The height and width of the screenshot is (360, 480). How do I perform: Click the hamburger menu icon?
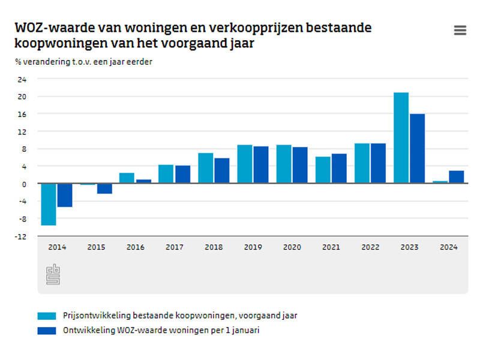tap(460, 31)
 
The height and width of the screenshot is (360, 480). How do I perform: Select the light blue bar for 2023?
tap(401, 138)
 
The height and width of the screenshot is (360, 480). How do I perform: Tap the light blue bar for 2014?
tap(49, 204)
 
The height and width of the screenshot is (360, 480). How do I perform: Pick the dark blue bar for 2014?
tap(65, 195)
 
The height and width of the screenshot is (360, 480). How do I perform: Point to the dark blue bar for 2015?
tap(104, 188)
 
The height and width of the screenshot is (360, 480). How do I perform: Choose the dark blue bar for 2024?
tap(456, 177)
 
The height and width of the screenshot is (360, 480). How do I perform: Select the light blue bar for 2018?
tap(206, 168)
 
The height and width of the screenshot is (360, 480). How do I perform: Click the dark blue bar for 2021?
tap(339, 169)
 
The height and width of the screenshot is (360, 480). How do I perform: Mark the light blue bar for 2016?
tap(127, 178)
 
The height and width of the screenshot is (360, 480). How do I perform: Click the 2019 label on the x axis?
tap(253, 247)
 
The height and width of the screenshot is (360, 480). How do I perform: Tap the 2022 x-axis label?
tap(370, 247)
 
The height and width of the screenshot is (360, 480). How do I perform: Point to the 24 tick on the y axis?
tap(22, 79)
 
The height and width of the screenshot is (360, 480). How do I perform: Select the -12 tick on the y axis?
tap(21, 236)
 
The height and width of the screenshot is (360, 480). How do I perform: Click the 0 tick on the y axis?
tap(24, 184)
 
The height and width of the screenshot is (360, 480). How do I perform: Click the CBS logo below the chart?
tap(53, 274)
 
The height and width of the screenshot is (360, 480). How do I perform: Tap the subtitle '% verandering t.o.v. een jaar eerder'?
tap(83, 62)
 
